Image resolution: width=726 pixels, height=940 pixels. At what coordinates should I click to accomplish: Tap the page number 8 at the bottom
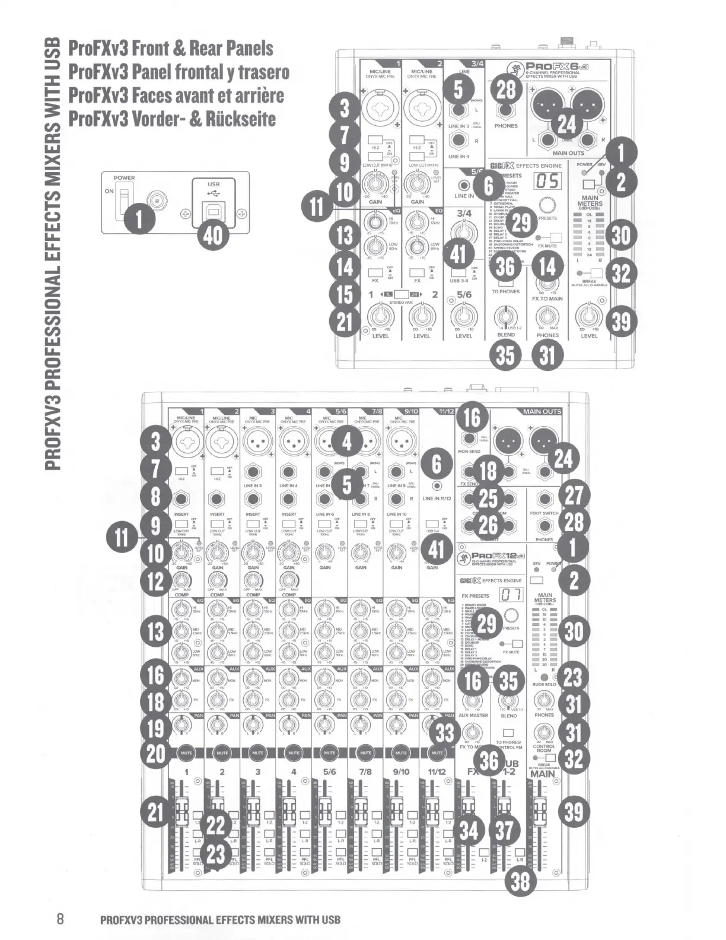click(60, 919)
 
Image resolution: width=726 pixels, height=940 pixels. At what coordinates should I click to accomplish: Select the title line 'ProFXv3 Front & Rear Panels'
click(171, 48)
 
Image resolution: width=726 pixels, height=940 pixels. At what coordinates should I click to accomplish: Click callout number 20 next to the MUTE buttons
click(156, 753)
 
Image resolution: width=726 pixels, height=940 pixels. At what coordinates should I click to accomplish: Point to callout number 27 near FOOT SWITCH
click(573, 497)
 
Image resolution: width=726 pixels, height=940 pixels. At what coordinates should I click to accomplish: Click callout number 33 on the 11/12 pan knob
click(444, 733)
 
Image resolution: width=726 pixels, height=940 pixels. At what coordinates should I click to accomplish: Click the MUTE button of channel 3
click(257, 752)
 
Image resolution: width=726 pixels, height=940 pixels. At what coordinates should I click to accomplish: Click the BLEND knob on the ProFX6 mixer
click(505, 315)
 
